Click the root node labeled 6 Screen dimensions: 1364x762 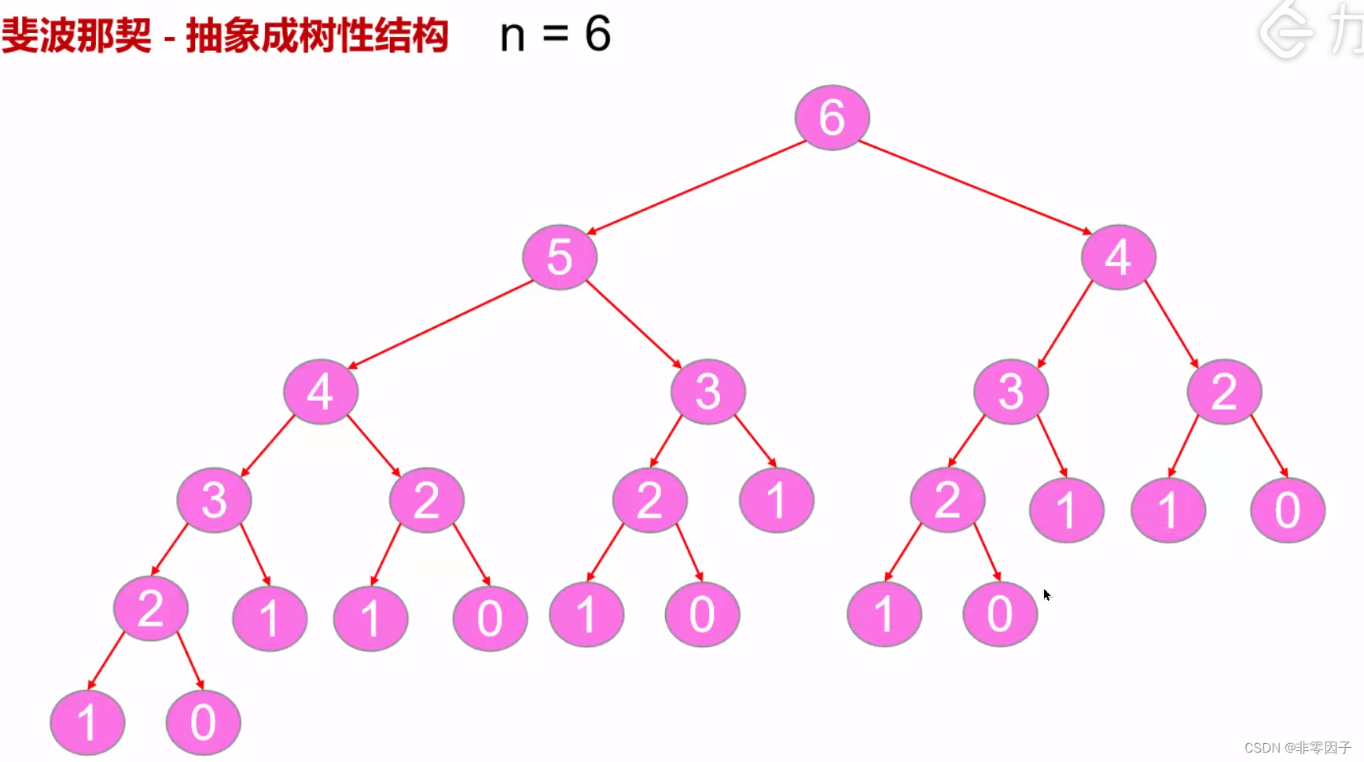pyautogui.click(x=832, y=118)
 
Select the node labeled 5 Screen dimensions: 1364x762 pyautogui.click(x=560, y=257)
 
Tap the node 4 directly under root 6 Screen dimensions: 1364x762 pyautogui.click(x=1118, y=257)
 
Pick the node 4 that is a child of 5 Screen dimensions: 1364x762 pyautogui.click(x=321, y=392)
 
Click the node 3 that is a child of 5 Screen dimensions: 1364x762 pyautogui.click(x=708, y=392)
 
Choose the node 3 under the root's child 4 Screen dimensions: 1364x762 pyautogui.click(x=1010, y=392)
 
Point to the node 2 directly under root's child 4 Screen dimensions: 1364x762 pyautogui.click(x=1224, y=392)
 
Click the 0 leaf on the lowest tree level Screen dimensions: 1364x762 pyautogui.click(x=203, y=722)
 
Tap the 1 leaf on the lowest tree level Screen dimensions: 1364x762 pyautogui.click(x=87, y=722)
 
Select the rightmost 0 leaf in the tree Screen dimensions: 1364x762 pyautogui.click(x=1287, y=510)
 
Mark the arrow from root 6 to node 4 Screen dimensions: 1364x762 pyautogui.click(x=975, y=187)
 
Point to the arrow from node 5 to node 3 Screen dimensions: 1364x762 pyautogui.click(x=634, y=324)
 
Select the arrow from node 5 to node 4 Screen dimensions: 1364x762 pyautogui.click(x=440, y=324)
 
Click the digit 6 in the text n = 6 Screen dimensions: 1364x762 pyautogui.click(x=597, y=35)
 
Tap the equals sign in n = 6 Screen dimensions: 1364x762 pyautogui.click(x=555, y=35)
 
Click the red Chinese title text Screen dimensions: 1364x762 pyautogui.click(x=225, y=36)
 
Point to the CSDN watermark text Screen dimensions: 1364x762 pyautogui.click(x=1297, y=747)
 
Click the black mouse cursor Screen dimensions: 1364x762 pyautogui.click(x=1047, y=595)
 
